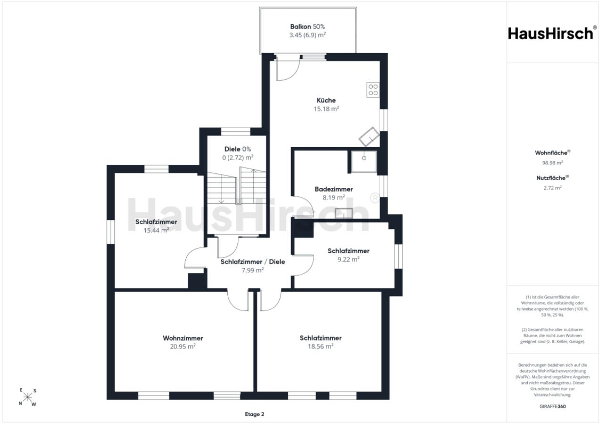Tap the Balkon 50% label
click(x=308, y=26)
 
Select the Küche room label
click(x=326, y=100)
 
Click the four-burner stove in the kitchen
click(x=373, y=90)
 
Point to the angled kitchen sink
click(x=369, y=137)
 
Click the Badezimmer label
click(x=334, y=189)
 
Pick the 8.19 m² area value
click(x=334, y=198)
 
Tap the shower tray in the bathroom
click(x=364, y=162)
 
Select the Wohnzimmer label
click(x=183, y=338)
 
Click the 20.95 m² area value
click(x=183, y=347)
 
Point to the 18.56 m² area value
click(x=321, y=346)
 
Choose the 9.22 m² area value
click(x=349, y=260)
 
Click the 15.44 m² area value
click(x=156, y=230)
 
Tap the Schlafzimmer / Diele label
click(x=253, y=261)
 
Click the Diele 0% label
click(x=238, y=149)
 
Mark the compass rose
click(x=27, y=397)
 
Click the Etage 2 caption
click(x=255, y=414)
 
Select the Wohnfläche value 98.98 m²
click(x=553, y=163)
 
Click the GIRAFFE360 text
click(x=553, y=406)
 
